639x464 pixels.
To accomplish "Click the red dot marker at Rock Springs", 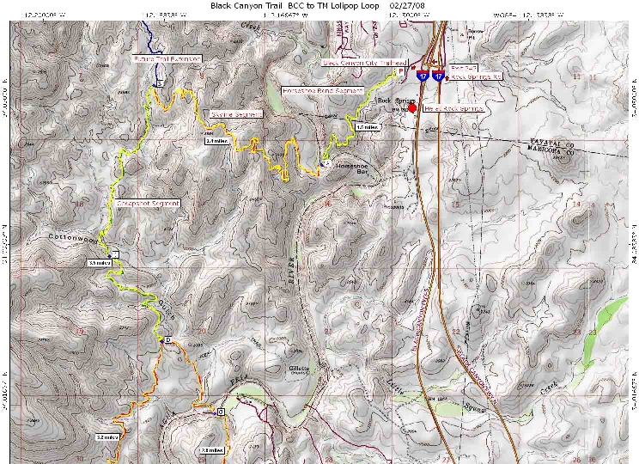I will tap(412, 107).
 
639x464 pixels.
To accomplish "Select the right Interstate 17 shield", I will tap(439, 76).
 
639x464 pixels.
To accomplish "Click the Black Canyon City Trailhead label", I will tap(364, 63).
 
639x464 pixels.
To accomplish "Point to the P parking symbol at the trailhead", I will tap(413, 66).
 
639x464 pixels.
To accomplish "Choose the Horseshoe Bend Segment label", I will tap(324, 90).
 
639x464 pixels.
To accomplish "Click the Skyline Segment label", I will tap(236, 113).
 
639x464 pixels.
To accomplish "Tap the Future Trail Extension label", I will tap(167, 58).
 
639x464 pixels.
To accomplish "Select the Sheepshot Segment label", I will tap(148, 204).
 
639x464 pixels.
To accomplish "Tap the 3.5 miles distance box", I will tap(99, 263).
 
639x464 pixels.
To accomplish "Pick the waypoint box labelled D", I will tap(167, 341).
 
